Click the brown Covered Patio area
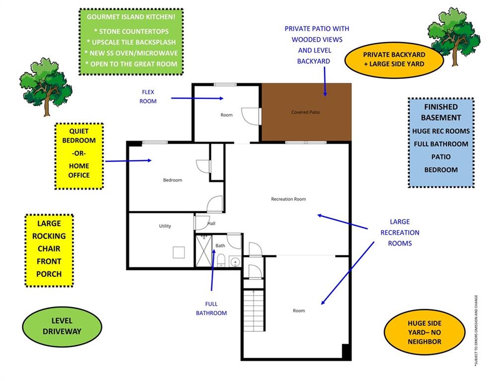point(306,112)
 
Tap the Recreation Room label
point(288,199)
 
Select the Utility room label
point(165,226)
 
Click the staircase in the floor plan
point(254,310)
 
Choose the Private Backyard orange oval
point(393,59)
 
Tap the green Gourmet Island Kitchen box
point(131,42)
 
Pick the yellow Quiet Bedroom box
point(79,156)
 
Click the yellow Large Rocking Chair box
point(49,251)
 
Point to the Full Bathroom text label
point(211,309)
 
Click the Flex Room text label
point(148,97)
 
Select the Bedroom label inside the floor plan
point(173,180)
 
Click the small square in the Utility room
point(179,253)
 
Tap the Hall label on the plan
point(211,224)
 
